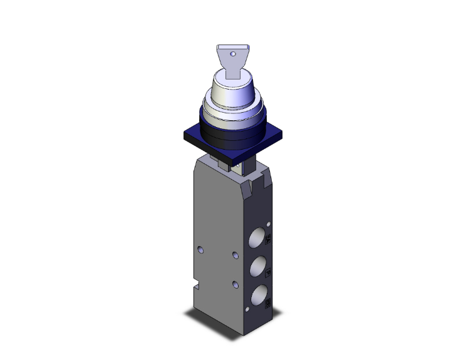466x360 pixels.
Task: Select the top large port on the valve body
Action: (x=256, y=238)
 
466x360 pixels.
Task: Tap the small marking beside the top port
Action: (x=268, y=239)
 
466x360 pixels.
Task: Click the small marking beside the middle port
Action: (x=268, y=272)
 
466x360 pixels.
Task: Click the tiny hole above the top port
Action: (x=267, y=224)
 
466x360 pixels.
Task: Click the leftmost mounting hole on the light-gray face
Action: (x=200, y=250)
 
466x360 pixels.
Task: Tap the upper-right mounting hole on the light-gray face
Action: (x=235, y=255)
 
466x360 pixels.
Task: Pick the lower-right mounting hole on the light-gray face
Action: (x=235, y=284)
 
